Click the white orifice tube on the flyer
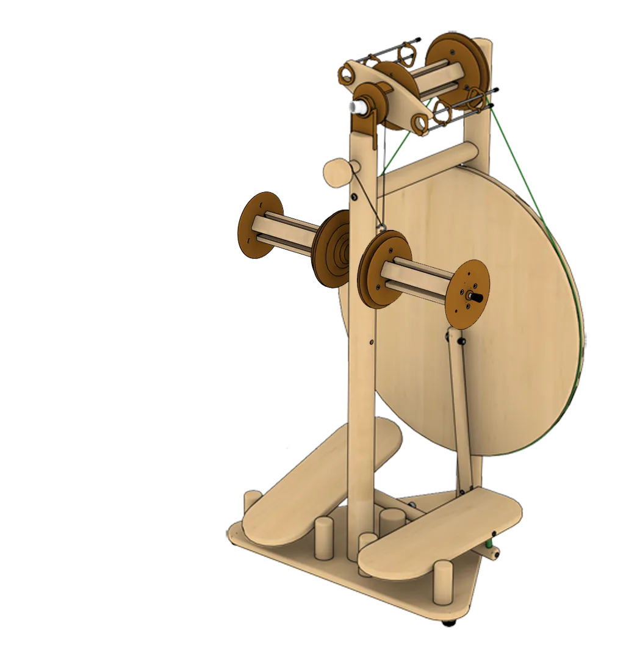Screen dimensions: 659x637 pos(355,107)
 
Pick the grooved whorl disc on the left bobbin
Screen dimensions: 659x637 pos(329,250)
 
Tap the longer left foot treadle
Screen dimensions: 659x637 pos(317,482)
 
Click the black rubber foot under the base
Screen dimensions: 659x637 pos(450,623)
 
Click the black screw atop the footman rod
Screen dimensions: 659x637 pos(462,340)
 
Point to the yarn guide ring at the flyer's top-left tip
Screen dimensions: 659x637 pos(347,74)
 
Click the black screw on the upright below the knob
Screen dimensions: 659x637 pos(354,196)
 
